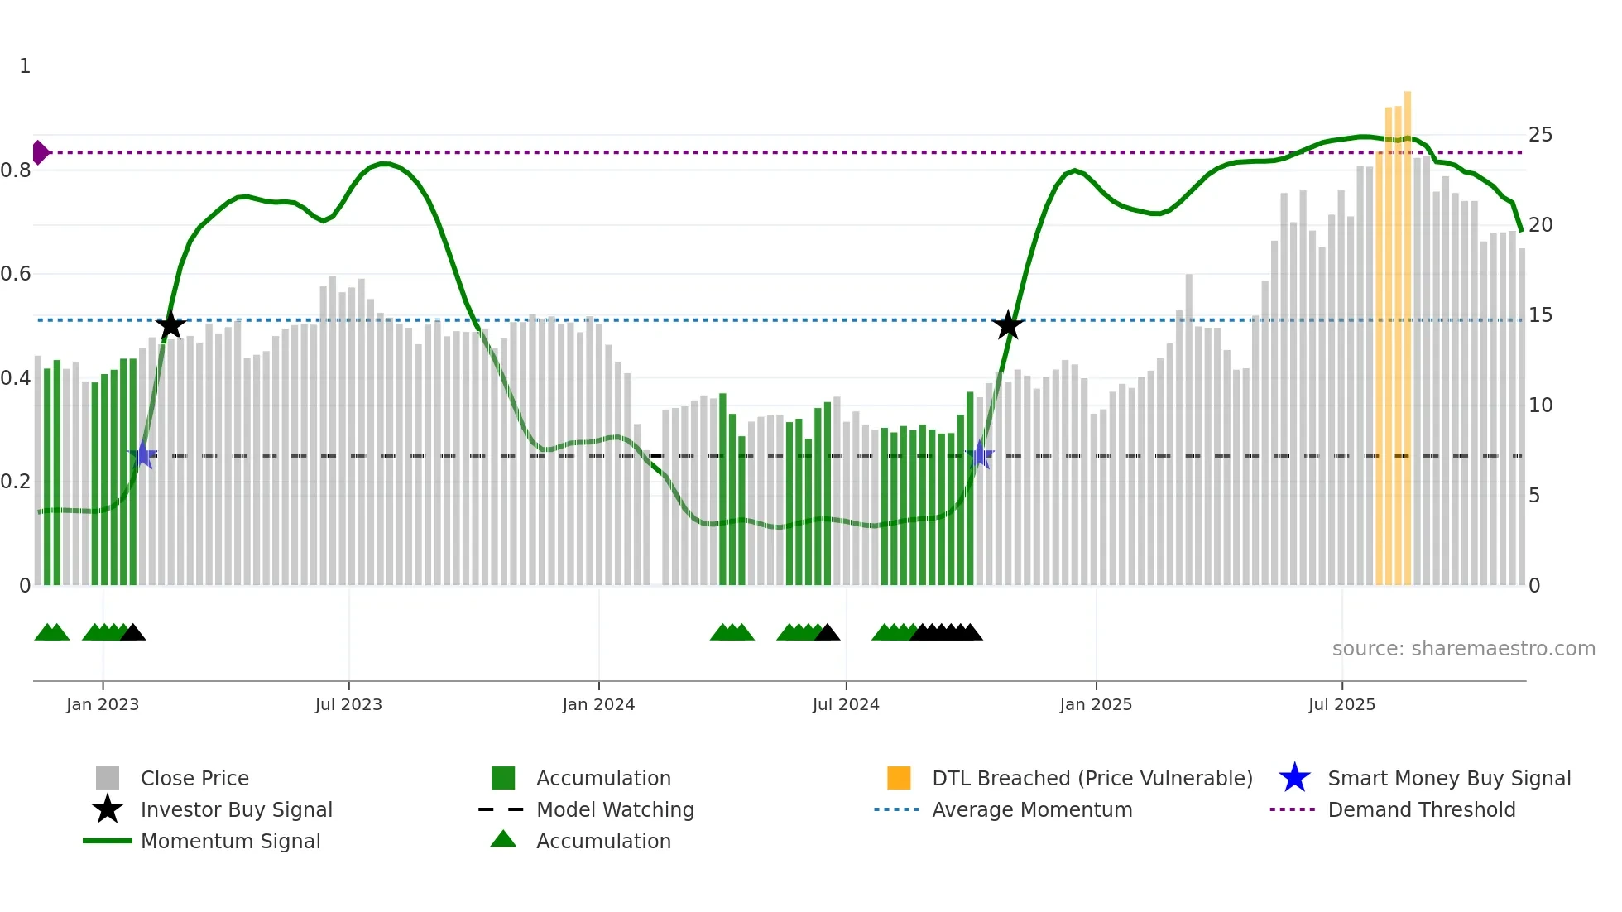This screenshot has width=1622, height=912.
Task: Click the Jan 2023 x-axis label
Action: coord(103,704)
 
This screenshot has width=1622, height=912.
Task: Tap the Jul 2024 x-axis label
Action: coord(846,704)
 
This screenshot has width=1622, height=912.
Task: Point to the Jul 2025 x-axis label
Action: coord(1341,704)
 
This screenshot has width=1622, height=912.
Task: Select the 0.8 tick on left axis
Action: coord(17,170)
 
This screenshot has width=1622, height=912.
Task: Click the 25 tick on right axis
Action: coord(1540,135)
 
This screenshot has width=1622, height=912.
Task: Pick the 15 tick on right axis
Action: coord(1540,315)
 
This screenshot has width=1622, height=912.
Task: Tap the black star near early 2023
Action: coord(170,325)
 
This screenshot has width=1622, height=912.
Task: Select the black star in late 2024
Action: coord(1008,325)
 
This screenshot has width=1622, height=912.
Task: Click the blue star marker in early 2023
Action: coord(142,454)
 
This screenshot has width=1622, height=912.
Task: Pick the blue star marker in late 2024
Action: coord(980,454)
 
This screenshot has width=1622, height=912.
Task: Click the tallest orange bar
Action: coord(1407,331)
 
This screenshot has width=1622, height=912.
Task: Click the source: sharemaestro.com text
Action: coord(1463,649)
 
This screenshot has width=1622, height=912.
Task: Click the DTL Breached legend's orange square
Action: coord(899,778)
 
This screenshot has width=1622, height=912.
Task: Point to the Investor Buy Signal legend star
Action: coord(108,809)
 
